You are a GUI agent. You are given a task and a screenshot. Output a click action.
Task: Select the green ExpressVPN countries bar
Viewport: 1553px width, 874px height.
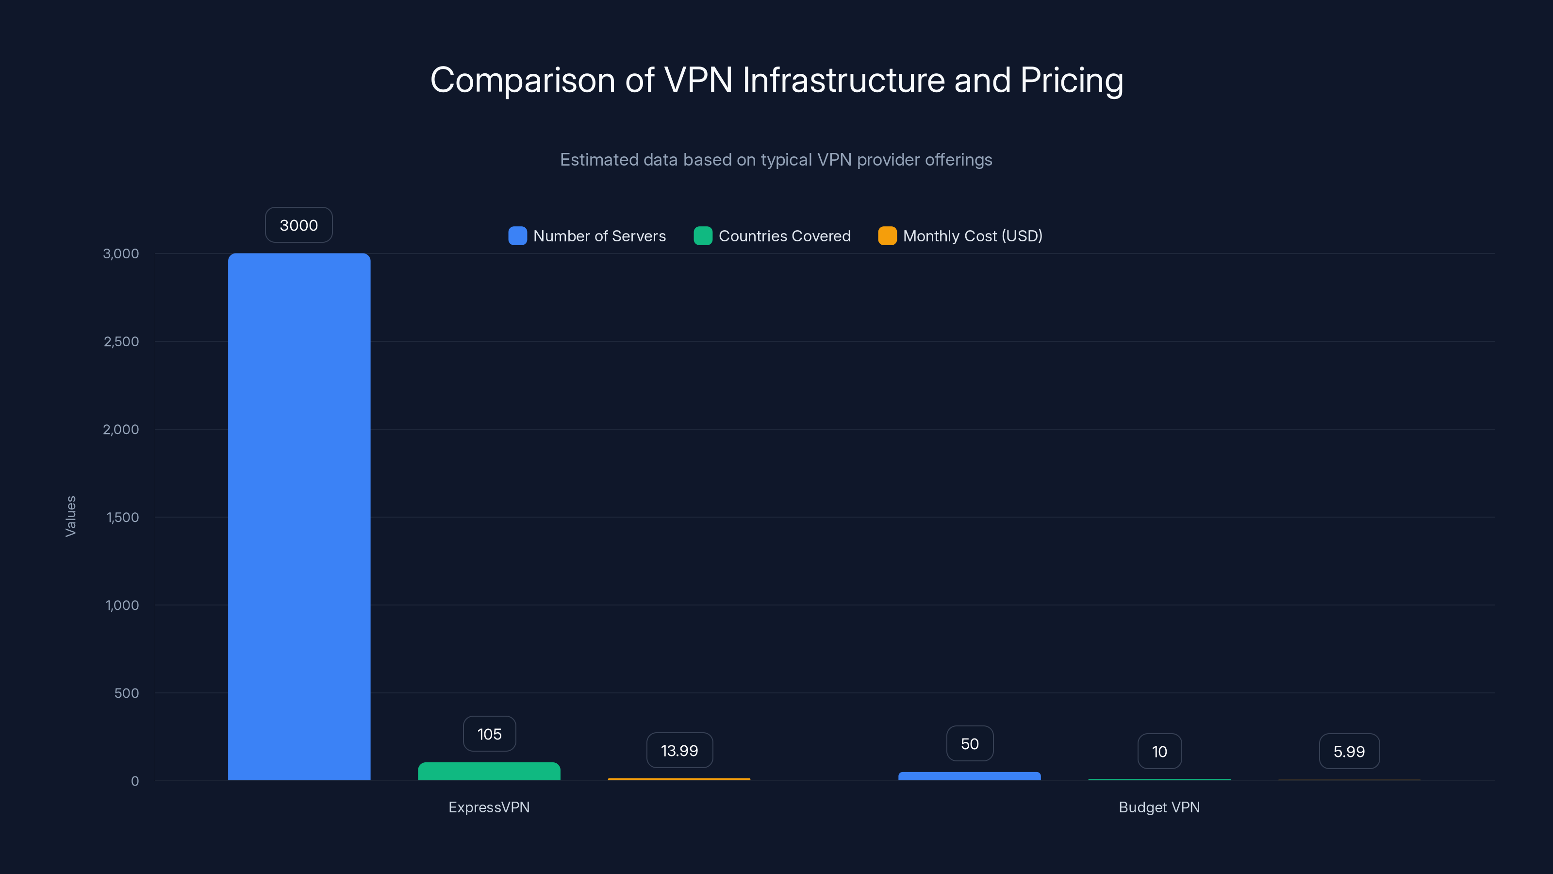489,772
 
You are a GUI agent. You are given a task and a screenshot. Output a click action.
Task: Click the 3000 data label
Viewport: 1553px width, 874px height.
299,225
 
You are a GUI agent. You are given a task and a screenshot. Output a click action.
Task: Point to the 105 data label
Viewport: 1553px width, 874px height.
489,734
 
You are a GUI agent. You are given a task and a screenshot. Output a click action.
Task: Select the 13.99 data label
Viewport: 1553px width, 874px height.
679,750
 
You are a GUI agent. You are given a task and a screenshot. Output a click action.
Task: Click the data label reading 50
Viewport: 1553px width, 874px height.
970,744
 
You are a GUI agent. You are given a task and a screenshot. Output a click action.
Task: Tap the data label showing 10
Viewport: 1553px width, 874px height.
1159,752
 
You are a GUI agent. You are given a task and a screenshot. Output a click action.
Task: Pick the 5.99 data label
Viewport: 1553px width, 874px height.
1349,752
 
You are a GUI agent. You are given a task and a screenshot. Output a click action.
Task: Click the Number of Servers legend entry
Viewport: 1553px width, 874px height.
587,236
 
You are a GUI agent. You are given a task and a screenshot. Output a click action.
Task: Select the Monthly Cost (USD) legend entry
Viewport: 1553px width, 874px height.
960,236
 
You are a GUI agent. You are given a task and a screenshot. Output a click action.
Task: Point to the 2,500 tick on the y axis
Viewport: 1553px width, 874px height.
121,341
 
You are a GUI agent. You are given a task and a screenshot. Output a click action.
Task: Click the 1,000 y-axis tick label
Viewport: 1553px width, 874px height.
122,605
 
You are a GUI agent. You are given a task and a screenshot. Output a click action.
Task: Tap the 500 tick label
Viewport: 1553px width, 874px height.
127,693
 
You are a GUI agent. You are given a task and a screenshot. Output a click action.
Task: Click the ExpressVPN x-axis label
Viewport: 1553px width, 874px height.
489,807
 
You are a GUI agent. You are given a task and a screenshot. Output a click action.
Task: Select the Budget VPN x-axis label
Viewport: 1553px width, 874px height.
1159,807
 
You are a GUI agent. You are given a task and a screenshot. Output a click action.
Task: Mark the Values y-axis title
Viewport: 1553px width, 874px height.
70,516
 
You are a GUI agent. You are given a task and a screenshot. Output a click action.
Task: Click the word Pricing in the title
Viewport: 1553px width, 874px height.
1071,80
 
